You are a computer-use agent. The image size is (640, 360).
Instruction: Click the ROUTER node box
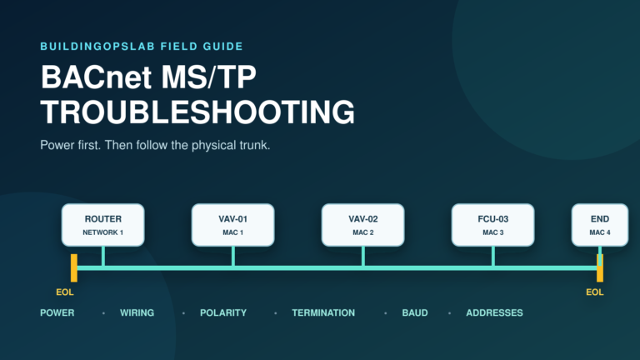pos(102,225)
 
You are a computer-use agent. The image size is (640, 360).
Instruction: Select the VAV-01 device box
pos(233,225)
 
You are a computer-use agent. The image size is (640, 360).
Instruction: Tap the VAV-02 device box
pos(362,225)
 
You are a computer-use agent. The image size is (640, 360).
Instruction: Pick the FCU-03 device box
pos(493,225)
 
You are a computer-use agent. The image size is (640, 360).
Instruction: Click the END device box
pos(600,225)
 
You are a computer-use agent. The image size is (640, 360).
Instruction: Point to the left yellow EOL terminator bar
pos(74,267)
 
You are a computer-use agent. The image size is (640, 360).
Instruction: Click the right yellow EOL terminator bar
pos(600,267)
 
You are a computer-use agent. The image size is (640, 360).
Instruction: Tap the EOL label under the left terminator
pos(65,292)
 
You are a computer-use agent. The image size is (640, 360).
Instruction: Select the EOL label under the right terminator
pos(595,292)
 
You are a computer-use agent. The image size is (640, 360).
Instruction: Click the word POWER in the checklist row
pos(57,313)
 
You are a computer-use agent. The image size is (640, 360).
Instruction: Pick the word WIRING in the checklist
pos(137,313)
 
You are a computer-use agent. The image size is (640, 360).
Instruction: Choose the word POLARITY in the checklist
pos(223,313)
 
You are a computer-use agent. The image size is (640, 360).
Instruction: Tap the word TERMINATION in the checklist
pos(323,313)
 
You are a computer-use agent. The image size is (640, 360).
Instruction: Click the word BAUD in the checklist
pos(415,313)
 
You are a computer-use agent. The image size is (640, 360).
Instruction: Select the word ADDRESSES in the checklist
pos(495,313)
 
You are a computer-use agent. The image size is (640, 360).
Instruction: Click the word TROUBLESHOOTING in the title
pos(197,112)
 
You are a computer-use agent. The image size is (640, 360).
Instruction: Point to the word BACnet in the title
pos(96,77)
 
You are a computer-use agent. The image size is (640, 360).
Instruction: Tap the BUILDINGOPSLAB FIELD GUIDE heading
pos(142,47)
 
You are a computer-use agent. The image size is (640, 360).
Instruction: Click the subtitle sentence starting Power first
pos(155,145)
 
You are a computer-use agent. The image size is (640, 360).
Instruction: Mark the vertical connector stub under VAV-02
pos(363,257)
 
